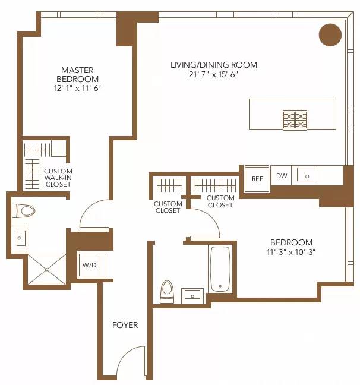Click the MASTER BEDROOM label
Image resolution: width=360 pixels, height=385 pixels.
(77, 74)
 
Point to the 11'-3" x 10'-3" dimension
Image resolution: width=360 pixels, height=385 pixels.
(291, 252)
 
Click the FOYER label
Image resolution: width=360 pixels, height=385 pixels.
(125, 325)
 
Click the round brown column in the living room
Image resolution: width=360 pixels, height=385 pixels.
(330, 34)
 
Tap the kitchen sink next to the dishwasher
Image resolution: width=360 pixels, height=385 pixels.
(308, 175)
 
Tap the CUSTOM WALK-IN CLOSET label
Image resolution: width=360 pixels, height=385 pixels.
(58, 178)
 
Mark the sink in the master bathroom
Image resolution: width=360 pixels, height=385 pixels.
(20, 239)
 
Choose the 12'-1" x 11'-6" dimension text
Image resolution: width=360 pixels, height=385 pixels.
(77, 88)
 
